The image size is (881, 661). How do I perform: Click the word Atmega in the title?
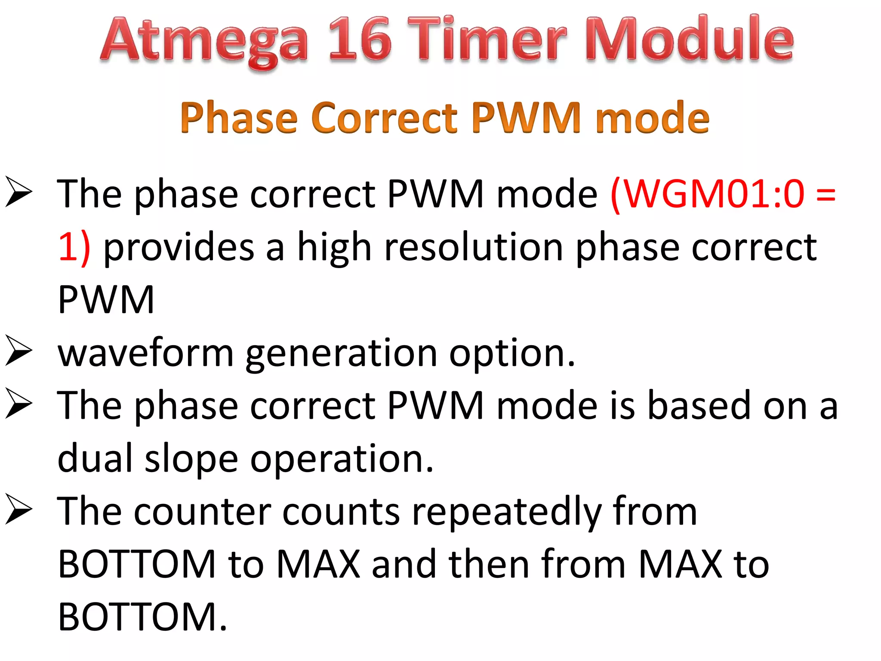coord(204,41)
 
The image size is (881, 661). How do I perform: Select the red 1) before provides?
coord(74,247)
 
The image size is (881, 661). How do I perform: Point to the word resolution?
coord(473,247)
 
